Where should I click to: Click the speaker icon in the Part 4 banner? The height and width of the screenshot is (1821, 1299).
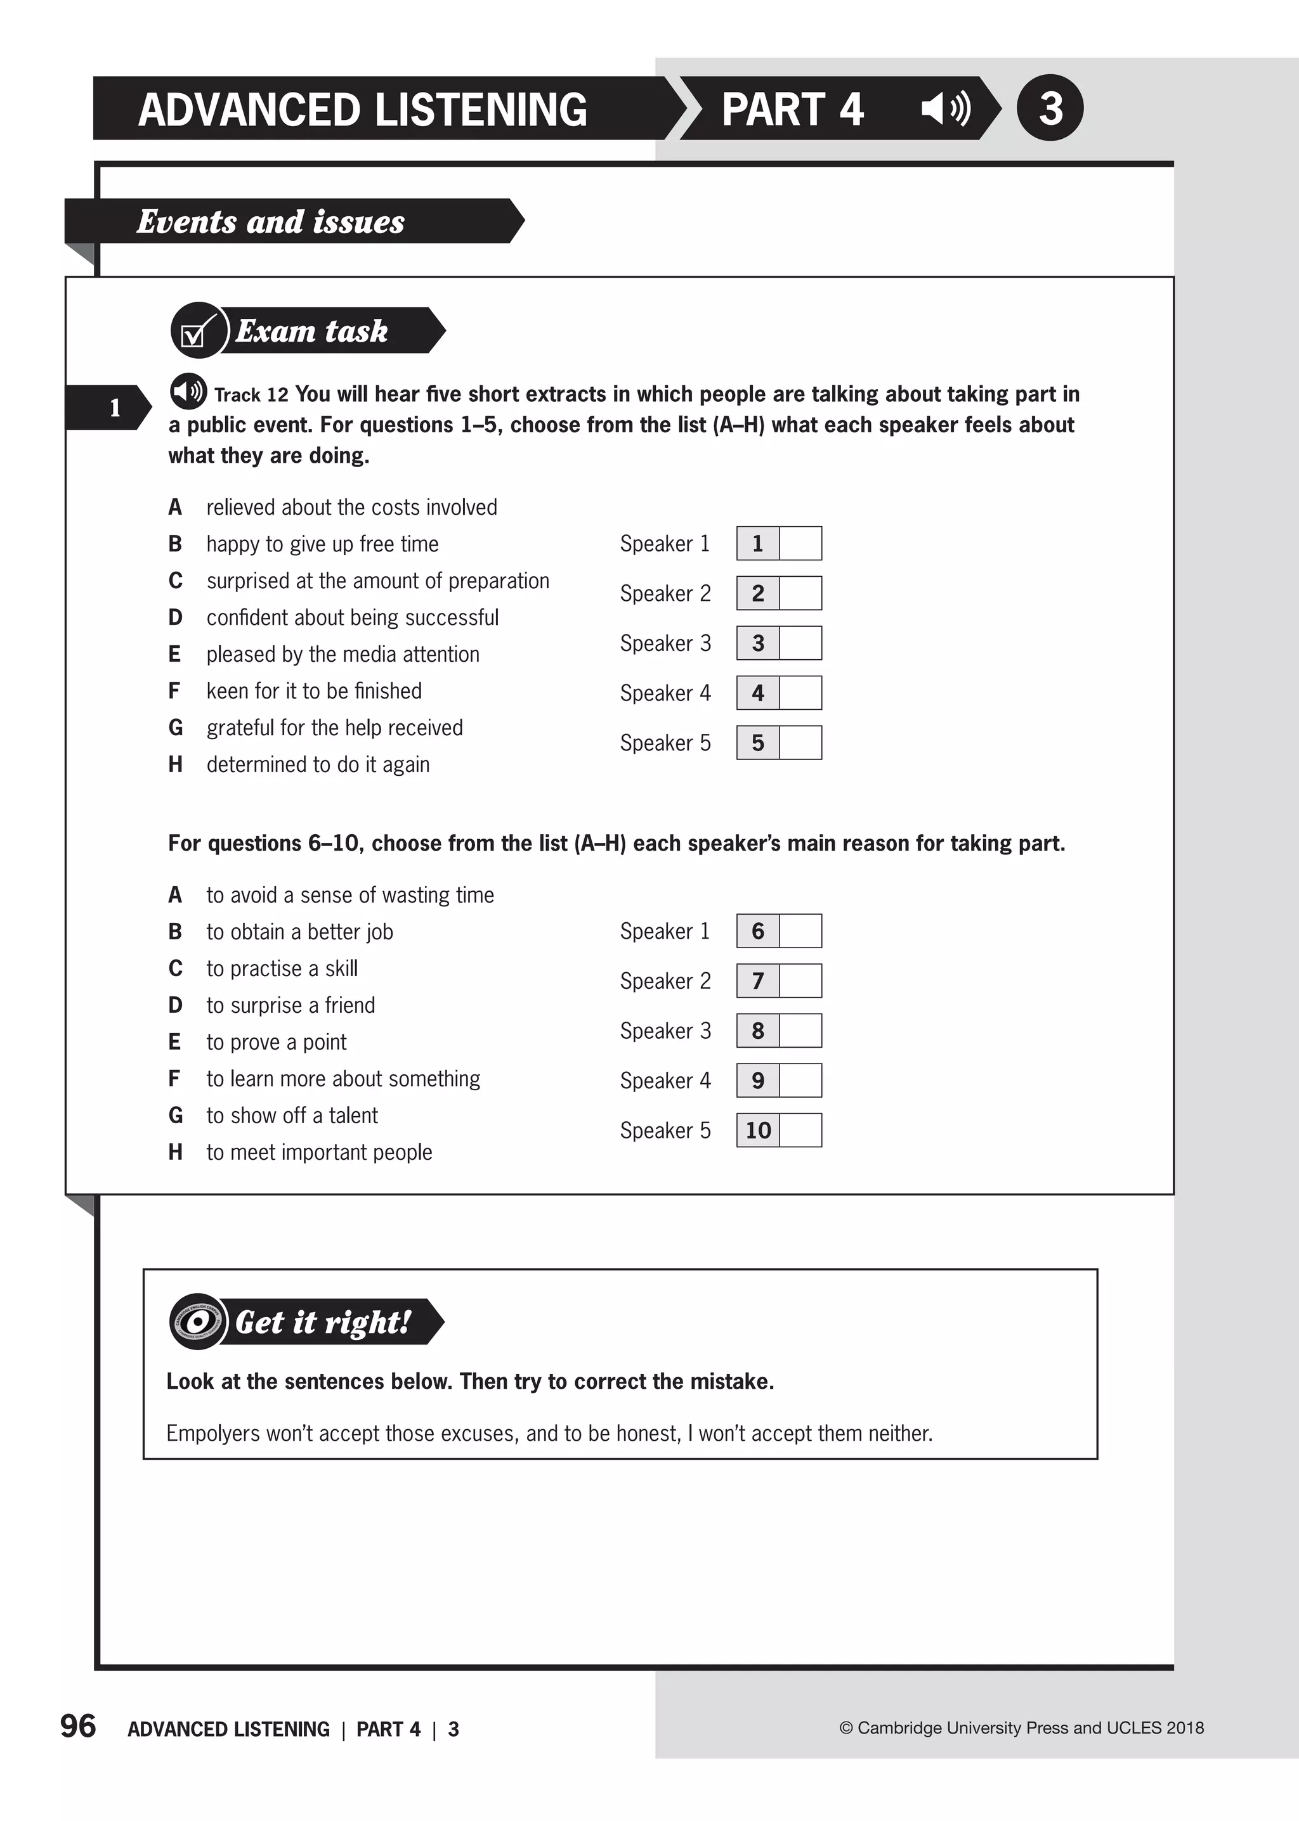(x=946, y=108)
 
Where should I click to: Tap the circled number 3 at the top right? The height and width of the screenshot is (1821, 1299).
(x=1050, y=108)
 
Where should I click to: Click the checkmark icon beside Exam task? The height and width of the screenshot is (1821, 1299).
(x=197, y=331)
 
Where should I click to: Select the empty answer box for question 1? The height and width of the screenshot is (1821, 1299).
(x=800, y=544)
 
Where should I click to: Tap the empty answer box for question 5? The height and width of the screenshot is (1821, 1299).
(x=800, y=743)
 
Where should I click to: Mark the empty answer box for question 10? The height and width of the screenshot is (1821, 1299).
(x=800, y=1130)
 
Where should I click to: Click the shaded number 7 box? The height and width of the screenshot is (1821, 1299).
(x=757, y=981)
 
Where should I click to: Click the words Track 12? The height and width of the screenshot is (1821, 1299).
(x=251, y=395)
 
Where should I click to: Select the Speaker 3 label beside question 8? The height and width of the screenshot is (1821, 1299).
(x=665, y=1031)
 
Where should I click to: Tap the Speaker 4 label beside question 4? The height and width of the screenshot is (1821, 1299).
(x=665, y=693)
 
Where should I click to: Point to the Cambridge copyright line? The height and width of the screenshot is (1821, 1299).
(x=1021, y=1727)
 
